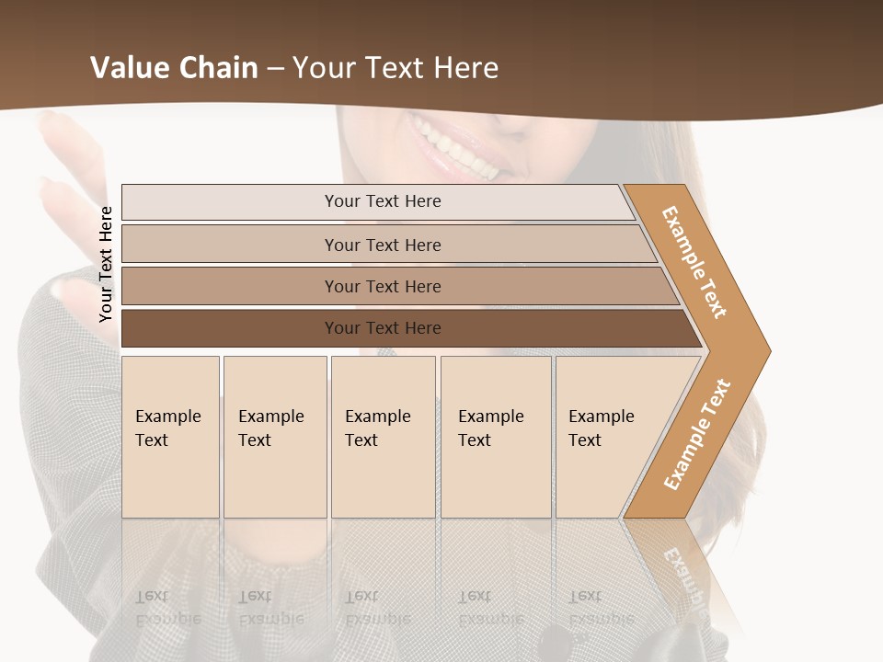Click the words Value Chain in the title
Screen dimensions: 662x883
point(174,68)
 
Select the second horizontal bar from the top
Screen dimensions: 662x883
point(383,245)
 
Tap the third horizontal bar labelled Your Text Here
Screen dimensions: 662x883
point(383,286)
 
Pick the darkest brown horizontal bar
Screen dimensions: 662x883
point(383,328)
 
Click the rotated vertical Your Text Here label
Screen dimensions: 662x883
point(107,264)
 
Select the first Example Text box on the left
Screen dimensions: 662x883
point(170,437)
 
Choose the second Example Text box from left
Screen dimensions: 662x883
point(274,437)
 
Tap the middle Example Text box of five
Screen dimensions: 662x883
point(383,437)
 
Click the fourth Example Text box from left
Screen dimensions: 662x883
point(495,437)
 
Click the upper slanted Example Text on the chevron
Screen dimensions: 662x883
point(695,262)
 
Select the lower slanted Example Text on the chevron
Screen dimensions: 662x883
point(697,434)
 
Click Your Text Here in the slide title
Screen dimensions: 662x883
point(396,68)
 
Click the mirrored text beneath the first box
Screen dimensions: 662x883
point(168,608)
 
